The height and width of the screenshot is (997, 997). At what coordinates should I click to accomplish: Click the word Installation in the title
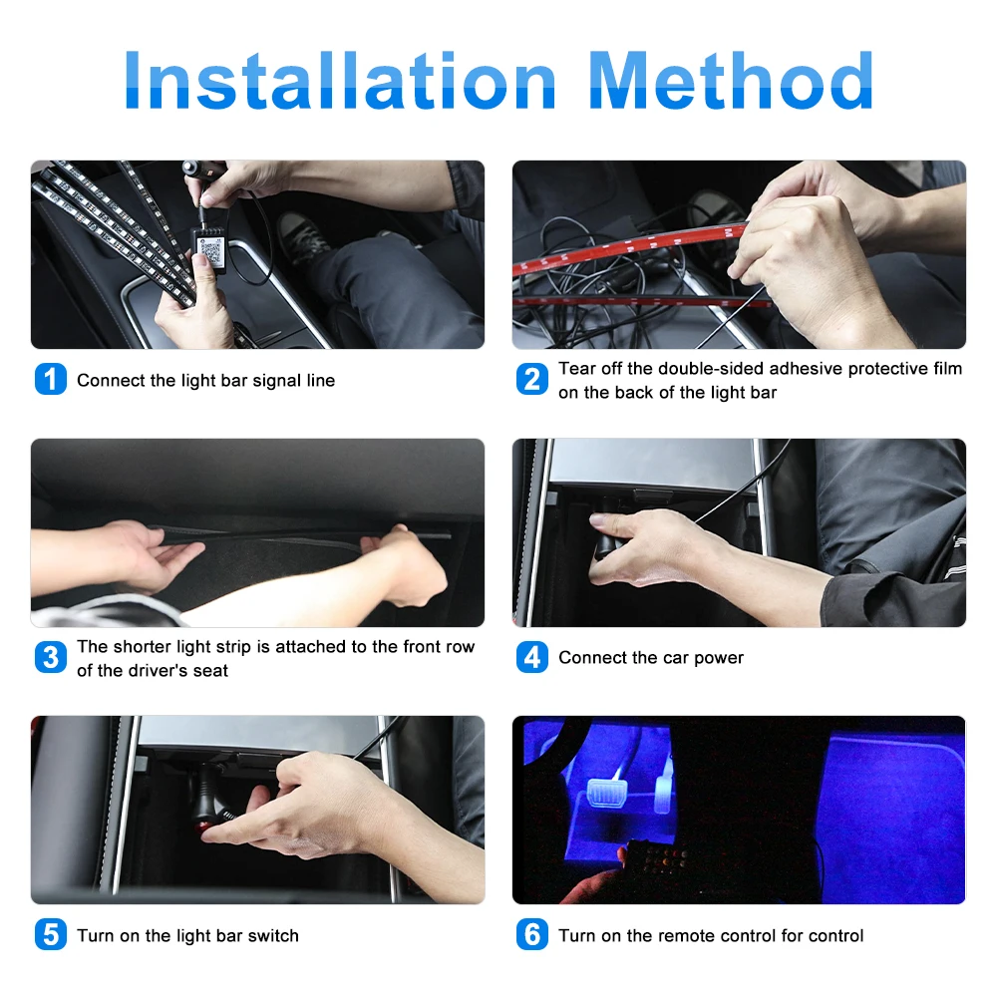click(x=340, y=81)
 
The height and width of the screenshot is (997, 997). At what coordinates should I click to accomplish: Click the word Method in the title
click(x=731, y=80)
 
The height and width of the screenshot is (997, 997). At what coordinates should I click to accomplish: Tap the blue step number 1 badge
click(x=51, y=379)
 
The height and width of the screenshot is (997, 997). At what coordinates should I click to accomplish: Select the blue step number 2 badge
click(x=532, y=379)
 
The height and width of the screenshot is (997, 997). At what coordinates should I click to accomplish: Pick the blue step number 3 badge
click(x=51, y=657)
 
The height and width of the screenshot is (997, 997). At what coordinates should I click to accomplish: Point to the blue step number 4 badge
click(x=532, y=657)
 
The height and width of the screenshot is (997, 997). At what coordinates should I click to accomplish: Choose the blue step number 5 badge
click(x=51, y=935)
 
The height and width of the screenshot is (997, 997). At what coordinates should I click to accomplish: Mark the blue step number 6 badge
click(x=532, y=935)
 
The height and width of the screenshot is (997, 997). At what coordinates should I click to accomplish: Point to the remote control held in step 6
click(x=658, y=861)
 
